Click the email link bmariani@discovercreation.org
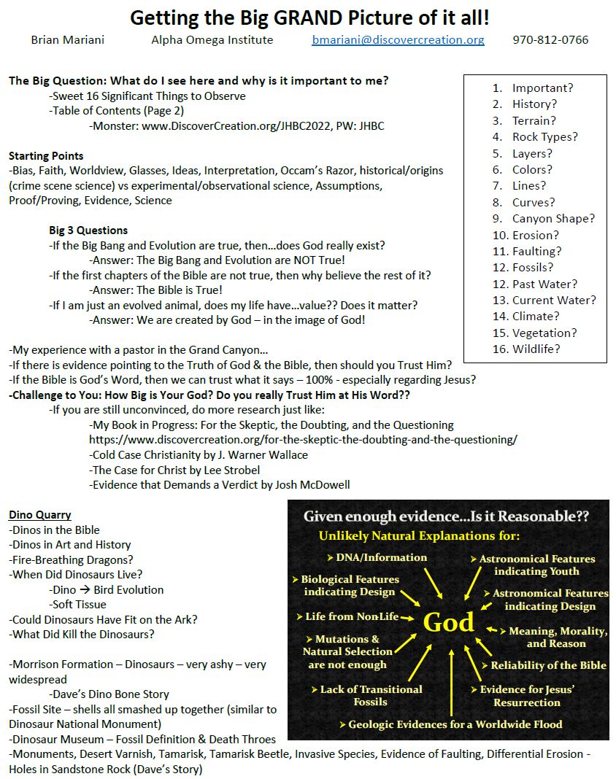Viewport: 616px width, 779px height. (x=398, y=40)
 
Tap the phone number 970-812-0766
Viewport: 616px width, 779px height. (x=550, y=40)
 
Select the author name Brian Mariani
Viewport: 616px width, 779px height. (x=67, y=40)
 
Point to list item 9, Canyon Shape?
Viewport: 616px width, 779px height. (x=553, y=218)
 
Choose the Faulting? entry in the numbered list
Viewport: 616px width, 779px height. (x=536, y=251)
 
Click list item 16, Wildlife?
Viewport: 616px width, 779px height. (x=536, y=349)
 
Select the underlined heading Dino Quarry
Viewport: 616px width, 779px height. (x=40, y=515)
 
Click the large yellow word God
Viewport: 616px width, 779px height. (x=449, y=622)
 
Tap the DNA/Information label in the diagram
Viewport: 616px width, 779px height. (x=381, y=557)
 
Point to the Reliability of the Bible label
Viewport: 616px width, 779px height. (x=548, y=664)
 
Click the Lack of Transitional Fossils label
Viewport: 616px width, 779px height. (x=371, y=695)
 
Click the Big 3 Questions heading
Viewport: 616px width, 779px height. (x=88, y=230)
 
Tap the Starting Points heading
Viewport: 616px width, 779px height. (x=46, y=155)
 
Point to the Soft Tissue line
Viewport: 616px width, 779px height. (x=79, y=604)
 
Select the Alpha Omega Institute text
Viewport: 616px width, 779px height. (x=212, y=40)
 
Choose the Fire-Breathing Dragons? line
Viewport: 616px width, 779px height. (x=71, y=559)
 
